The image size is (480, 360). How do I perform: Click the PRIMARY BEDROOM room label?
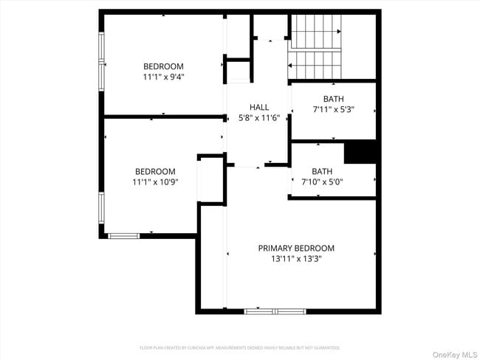point(295,248)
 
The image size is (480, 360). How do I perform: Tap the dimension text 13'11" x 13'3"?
point(295,259)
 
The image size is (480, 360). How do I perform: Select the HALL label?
point(258,107)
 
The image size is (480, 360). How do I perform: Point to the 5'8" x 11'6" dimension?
point(258,118)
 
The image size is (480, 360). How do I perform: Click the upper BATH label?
point(333,99)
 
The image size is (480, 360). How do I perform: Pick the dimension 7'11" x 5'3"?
point(333,110)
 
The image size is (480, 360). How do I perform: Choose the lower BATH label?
point(322,170)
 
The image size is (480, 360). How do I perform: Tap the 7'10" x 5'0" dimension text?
point(322,181)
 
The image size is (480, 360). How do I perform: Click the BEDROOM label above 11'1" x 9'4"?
point(163,66)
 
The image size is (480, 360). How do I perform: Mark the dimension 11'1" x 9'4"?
point(163,77)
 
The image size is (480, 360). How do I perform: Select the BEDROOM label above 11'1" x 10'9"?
point(155,171)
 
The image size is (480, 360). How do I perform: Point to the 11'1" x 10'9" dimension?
point(155,181)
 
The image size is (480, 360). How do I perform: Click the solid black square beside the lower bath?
point(361,152)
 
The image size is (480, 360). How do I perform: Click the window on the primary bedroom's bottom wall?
point(275,311)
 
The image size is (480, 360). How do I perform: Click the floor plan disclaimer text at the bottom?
point(240,347)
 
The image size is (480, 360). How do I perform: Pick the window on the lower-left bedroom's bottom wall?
point(123,235)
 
